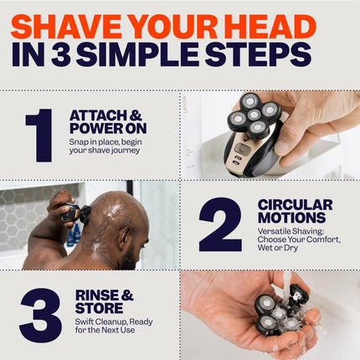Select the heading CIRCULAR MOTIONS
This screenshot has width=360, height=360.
tap(295, 211)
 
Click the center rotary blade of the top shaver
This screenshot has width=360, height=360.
tap(254, 116)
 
